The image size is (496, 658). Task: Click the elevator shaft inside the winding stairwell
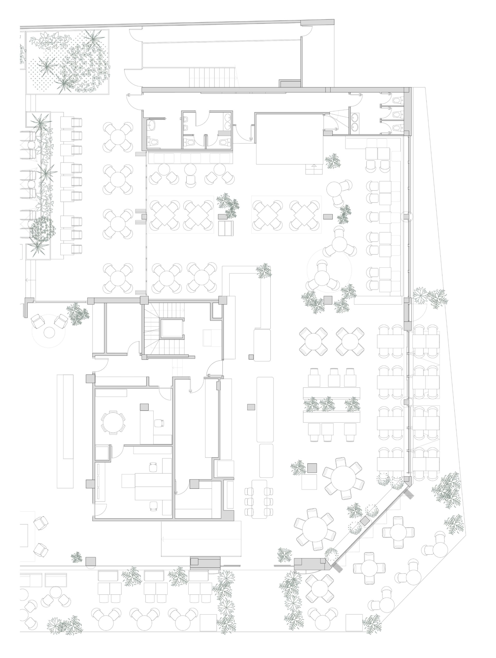(x=172, y=328)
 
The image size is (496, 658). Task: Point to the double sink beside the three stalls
(x=355, y=122)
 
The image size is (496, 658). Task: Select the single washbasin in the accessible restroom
(x=152, y=125)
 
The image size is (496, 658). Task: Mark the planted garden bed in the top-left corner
(x=68, y=62)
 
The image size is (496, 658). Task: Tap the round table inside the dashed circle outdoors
(x=49, y=332)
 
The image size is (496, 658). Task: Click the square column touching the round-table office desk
(x=144, y=407)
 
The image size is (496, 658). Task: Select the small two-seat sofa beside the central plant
(x=226, y=228)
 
